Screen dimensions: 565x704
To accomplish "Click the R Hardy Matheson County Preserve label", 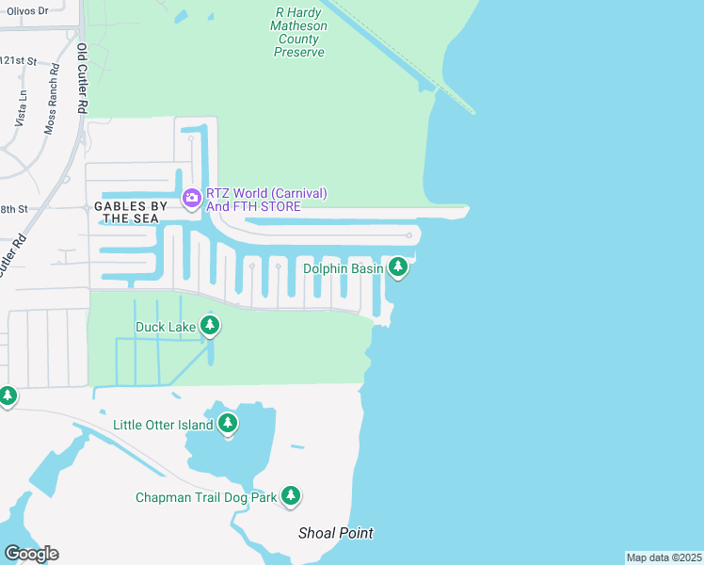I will [300, 32].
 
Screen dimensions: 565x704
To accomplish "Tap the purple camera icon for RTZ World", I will [191, 197].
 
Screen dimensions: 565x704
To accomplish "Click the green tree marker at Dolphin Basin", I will [398, 268].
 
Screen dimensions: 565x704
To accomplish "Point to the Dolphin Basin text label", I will [343, 269].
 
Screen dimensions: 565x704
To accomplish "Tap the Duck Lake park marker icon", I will [209, 326].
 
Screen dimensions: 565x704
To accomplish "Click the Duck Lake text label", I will [166, 328].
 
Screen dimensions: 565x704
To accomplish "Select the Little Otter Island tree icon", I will [227, 425].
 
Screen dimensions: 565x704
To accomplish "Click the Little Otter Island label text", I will [163, 426].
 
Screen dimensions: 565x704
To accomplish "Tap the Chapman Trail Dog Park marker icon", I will [291, 495].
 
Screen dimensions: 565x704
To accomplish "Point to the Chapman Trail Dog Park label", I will [206, 497].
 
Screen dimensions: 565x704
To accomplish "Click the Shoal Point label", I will [336, 533].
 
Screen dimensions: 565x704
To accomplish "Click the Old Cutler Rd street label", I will [82, 79].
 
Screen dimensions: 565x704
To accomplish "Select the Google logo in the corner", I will [31, 554].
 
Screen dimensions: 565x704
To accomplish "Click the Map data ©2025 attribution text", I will [664, 557].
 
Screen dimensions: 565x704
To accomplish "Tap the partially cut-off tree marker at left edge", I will [6, 395].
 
